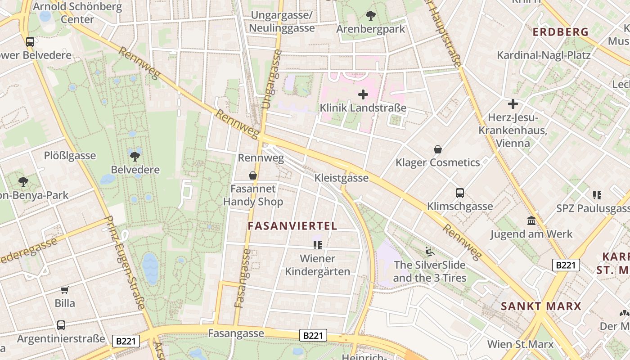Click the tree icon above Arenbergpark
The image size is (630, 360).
pyautogui.click(x=371, y=16)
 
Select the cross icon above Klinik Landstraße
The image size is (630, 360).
pyautogui.click(x=363, y=94)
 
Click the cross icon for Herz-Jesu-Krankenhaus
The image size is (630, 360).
pyautogui.click(x=513, y=104)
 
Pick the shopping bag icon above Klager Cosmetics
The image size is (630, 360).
pyautogui.click(x=437, y=149)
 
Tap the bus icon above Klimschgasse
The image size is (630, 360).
pyautogui.click(x=459, y=193)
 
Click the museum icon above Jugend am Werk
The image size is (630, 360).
pyautogui.click(x=531, y=221)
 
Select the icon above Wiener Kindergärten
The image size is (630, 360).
pyautogui.click(x=318, y=245)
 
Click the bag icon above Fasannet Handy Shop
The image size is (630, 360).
pyautogui.click(x=253, y=175)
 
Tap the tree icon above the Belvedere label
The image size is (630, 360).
pyautogui.click(x=135, y=156)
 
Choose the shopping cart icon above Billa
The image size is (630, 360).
pyautogui.click(x=65, y=290)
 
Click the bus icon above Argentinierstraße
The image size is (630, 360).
pyautogui.click(x=61, y=325)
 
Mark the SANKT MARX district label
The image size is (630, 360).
pyautogui.click(x=541, y=306)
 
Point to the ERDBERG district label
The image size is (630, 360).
pyautogui.click(x=561, y=32)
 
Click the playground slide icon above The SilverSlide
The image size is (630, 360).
pyautogui.click(x=430, y=252)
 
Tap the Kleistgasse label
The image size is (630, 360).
pyautogui.click(x=342, y=178)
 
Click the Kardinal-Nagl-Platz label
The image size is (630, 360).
pyautogui.click(x=544, y=55)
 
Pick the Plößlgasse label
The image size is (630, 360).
pyautogui.click(x=70, y=156)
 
